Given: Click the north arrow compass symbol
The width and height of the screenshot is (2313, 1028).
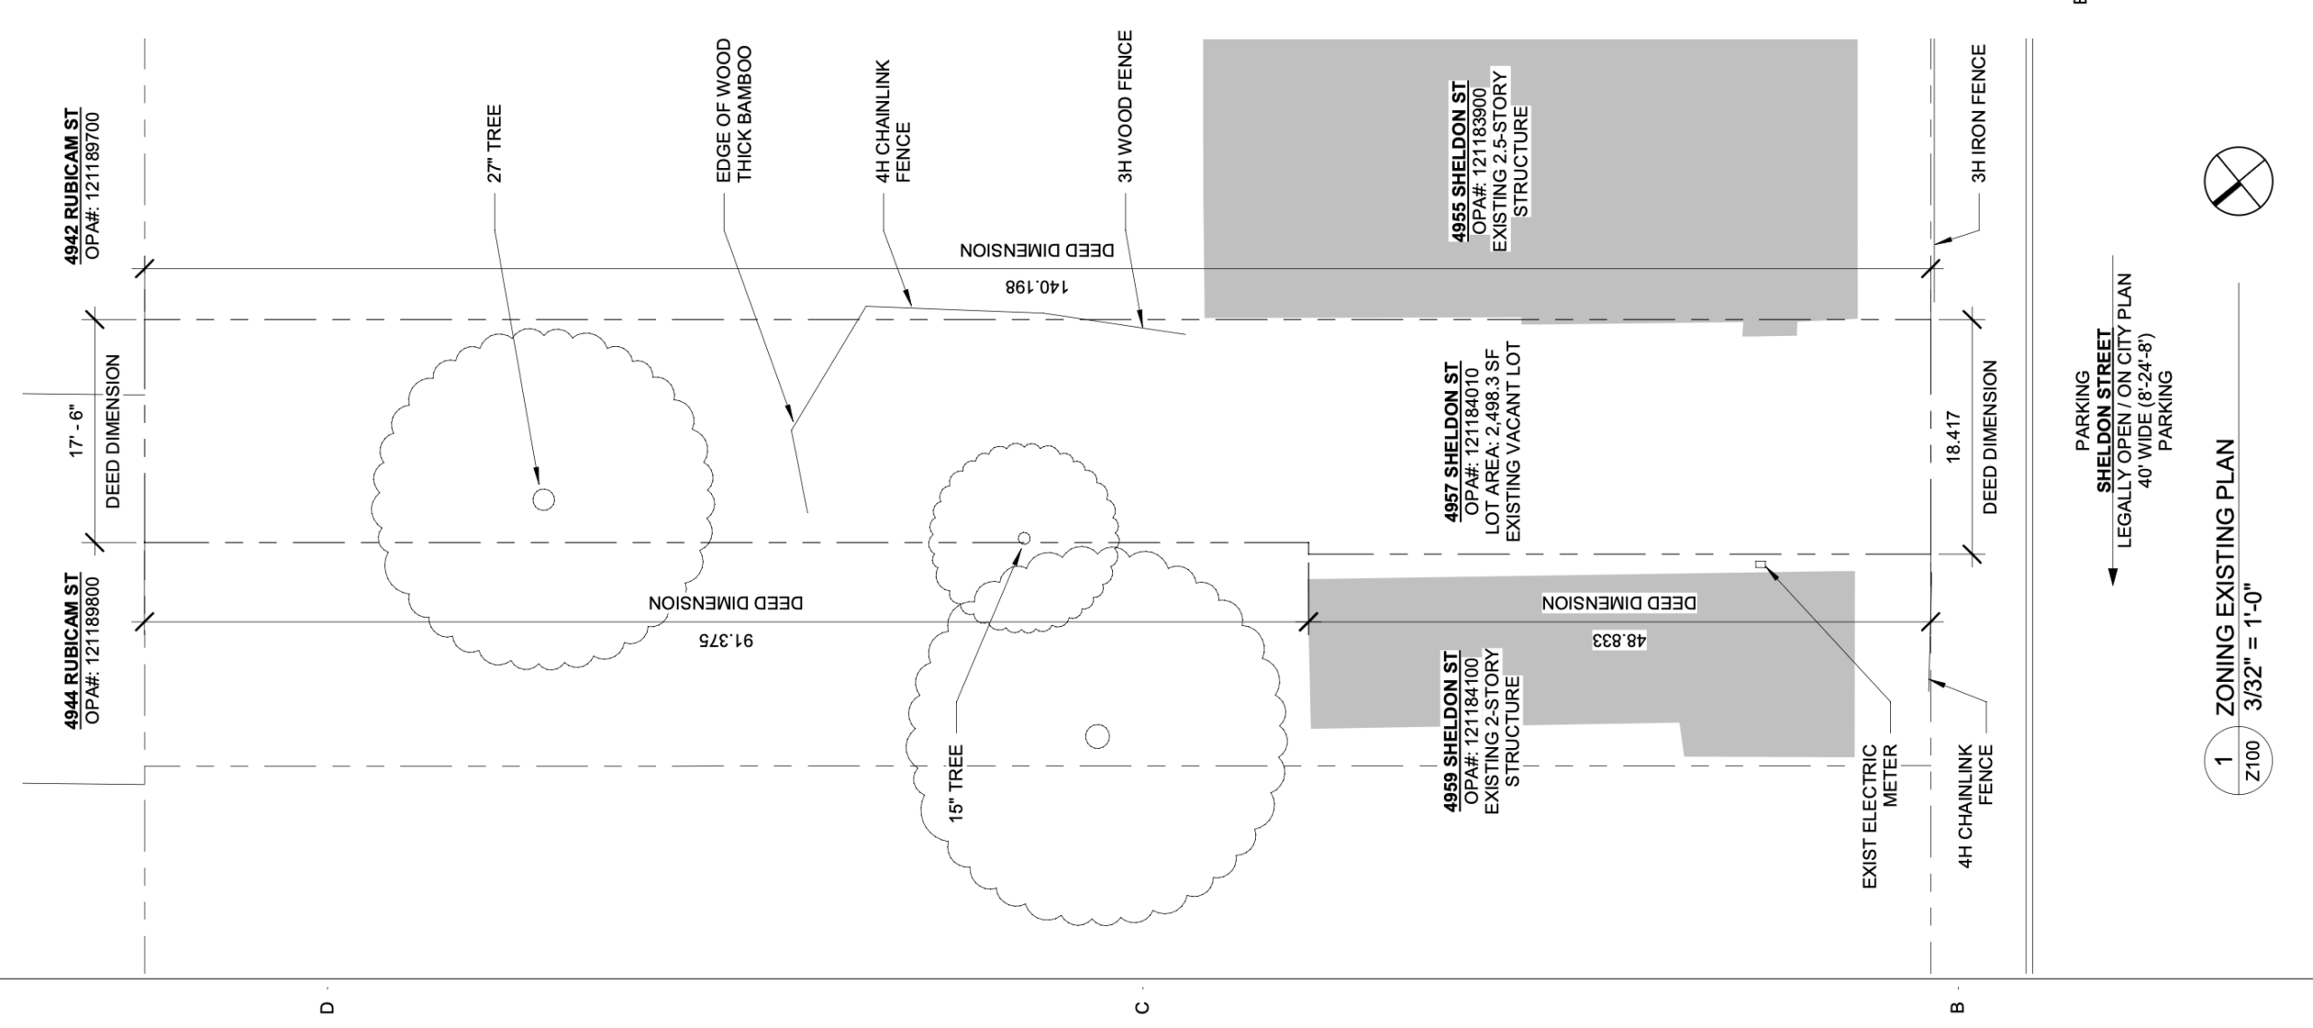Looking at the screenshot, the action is (2238, 183).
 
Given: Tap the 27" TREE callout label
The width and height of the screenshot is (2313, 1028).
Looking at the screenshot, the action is (494, 145).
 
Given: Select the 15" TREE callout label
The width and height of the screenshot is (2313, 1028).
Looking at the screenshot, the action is (957, 782).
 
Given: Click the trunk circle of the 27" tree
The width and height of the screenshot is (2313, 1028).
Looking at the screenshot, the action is (543, 499).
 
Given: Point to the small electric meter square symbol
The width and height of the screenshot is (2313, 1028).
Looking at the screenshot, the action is (1760, 565).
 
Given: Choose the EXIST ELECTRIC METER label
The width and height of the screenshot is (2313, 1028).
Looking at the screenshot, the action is (1880, 816).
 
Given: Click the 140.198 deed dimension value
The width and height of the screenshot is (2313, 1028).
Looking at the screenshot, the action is (1037, 287).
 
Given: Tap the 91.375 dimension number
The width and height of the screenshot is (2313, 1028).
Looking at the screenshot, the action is (726, 640).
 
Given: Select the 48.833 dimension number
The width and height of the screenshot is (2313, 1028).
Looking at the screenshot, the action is (1619, 640).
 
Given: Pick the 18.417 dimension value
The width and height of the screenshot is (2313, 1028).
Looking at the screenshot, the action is (1953, 438).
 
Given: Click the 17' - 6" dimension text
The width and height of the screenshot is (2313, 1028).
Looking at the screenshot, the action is (76, 434).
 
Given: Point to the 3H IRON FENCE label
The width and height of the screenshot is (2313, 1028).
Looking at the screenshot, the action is (1979, 113).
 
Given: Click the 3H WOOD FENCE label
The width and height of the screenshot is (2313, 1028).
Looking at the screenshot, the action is (1125, 107).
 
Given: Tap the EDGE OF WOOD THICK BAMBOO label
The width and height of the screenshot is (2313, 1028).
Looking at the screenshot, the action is (734, 110).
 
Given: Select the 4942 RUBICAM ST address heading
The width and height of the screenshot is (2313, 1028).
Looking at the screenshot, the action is (71, 187).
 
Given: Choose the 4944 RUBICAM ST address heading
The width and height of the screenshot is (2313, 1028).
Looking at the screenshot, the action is (71, 649).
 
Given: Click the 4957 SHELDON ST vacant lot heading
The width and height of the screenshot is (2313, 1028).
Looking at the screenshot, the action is (1452, 442).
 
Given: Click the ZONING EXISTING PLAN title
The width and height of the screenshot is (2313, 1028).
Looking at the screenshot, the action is (2224, 578).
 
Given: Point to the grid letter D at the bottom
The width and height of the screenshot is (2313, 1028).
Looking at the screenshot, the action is (326, 1008).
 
